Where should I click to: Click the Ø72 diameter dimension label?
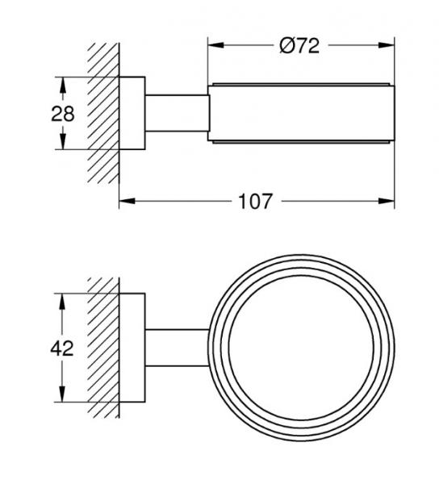point(299,46)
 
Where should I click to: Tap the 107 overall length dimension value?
point(256,202)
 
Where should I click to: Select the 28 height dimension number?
point(63,114)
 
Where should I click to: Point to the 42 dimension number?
point(62,348)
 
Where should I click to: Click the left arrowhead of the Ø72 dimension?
point(215,45)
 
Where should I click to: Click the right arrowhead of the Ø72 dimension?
point(387,45)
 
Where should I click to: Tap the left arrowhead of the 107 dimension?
point(128,201)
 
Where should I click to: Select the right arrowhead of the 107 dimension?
point(387,201)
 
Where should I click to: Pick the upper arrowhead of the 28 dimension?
point(63,85)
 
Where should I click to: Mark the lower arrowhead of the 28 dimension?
point(63,141)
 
